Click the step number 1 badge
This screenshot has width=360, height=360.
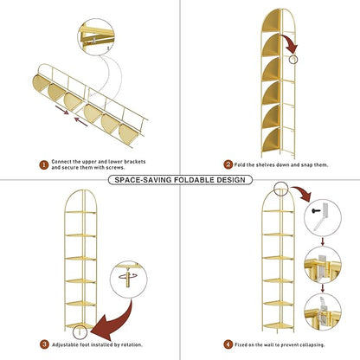(44, 165)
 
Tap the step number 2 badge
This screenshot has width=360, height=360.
(228, 164)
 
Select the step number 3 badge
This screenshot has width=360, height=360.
(44, 344)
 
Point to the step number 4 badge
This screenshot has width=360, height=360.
(228, 344)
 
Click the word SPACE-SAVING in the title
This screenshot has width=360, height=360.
(139, 180)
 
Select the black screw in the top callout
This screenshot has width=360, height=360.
(316, 211)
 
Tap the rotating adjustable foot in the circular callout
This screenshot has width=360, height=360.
(128, 277)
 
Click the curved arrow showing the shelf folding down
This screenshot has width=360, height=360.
(290, 44)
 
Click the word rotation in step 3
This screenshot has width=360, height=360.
(132, 344)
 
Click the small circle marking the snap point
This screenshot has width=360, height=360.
(293, 60)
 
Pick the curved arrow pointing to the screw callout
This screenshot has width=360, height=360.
(302, 193)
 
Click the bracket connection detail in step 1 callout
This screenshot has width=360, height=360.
(96, 37)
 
